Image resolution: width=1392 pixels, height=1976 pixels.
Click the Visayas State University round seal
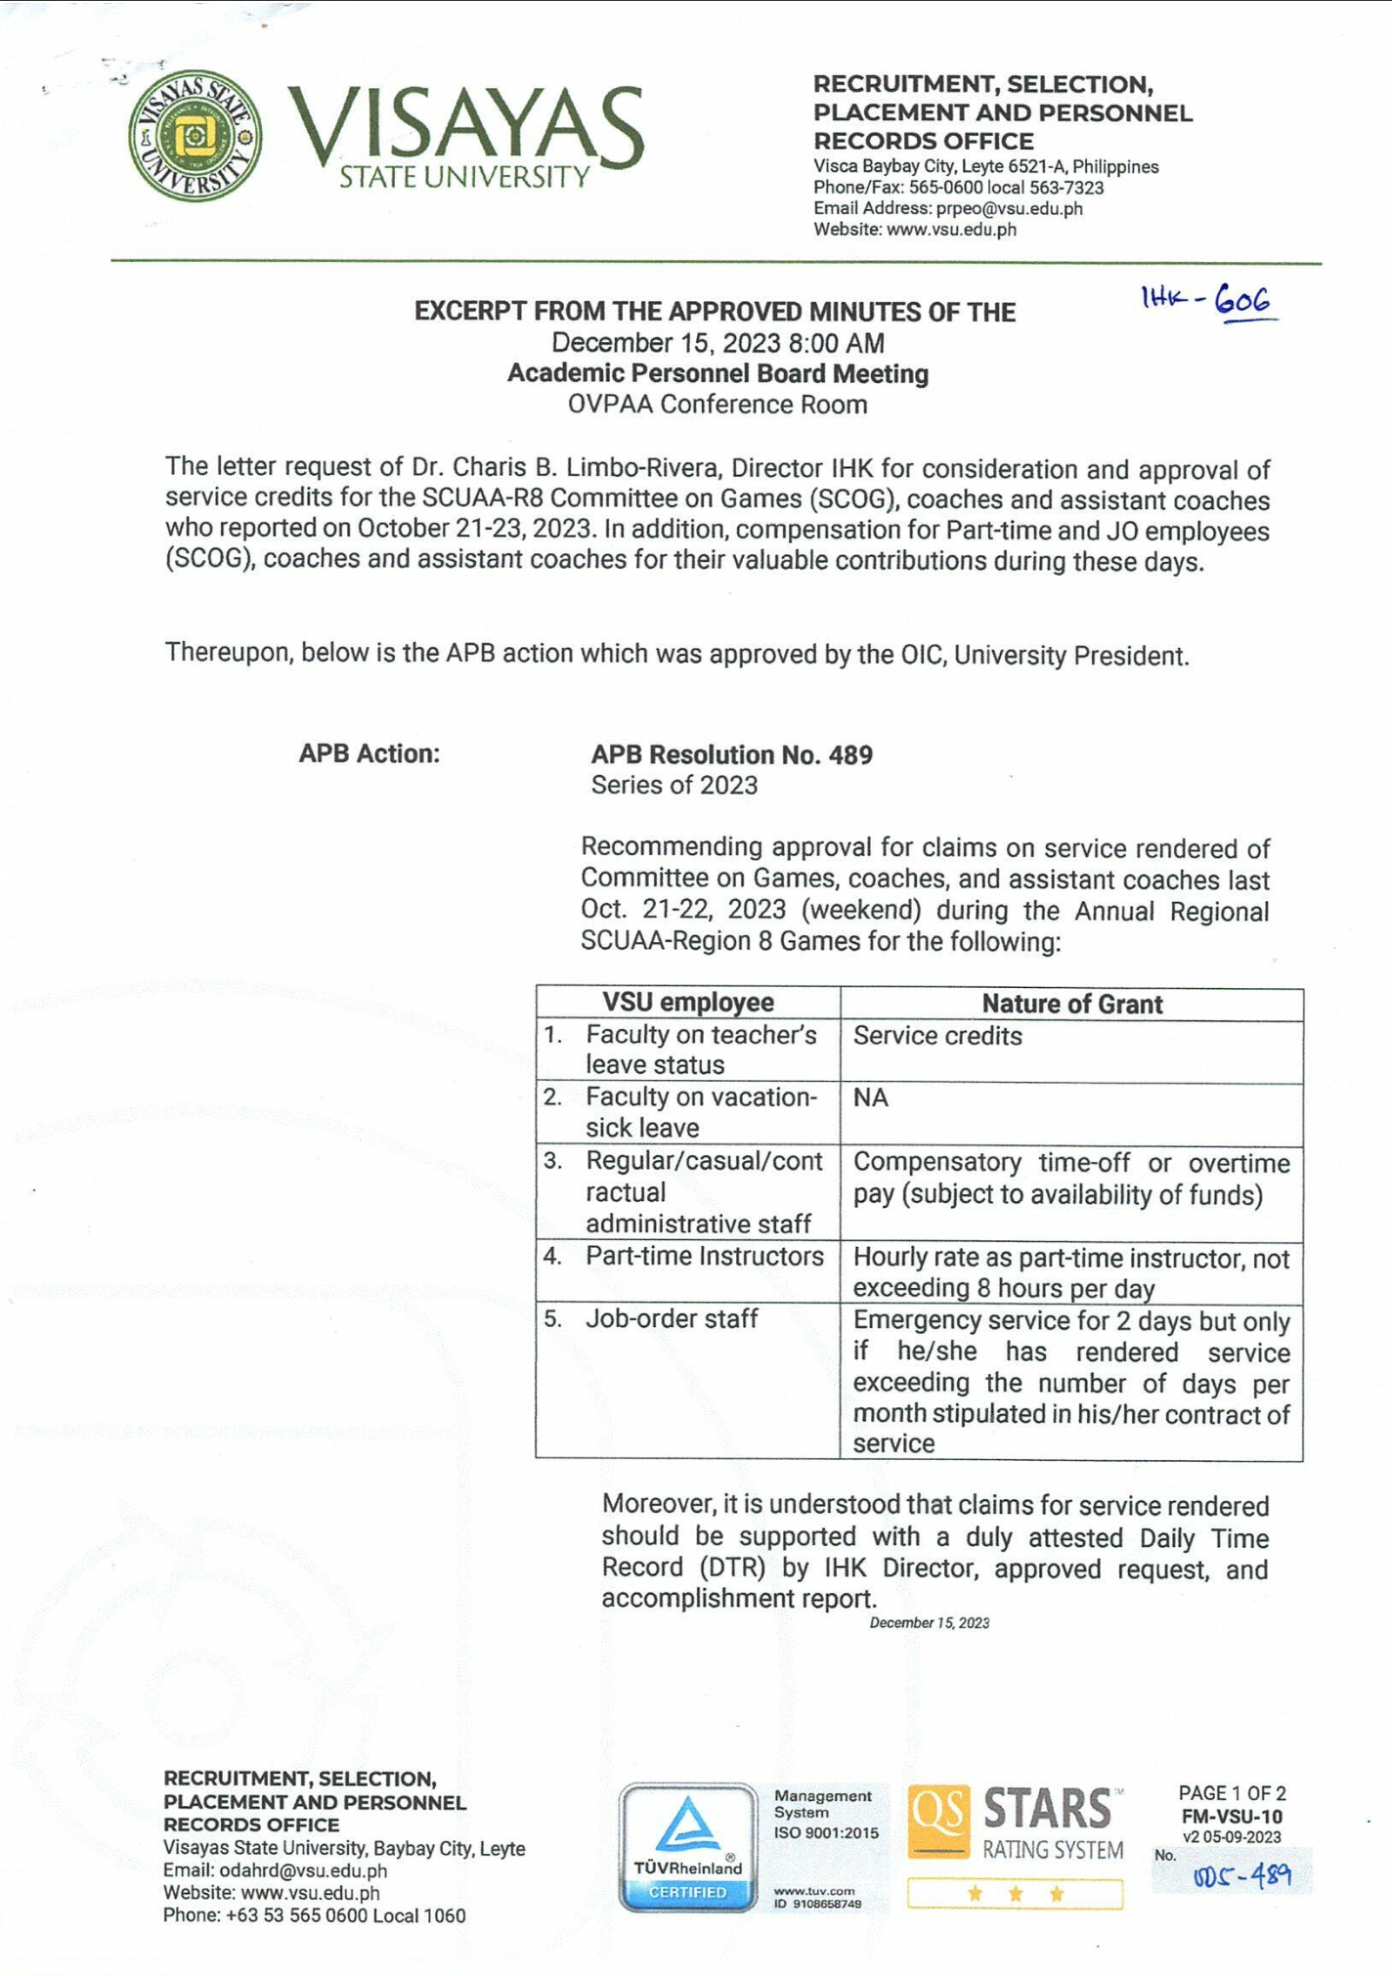pyautogui.click(x=196, y=136)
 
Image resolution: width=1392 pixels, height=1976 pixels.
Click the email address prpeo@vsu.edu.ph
pyautogui.click(x=1009, y=208)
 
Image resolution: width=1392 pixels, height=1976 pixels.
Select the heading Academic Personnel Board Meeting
pyautogui.click(x=718, y=374)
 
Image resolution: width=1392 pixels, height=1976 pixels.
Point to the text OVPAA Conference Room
pyautogui.click(x=718, y=405)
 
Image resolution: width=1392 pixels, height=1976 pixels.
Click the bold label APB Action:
pyautogui.click(x=370, y=753)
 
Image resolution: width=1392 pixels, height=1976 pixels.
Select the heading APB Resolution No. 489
pyautogui.click(x=731, y=754)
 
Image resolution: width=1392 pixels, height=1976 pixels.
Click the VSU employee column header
pyautogui.click(x=687, y=1003)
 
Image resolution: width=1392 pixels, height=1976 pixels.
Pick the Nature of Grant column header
pyautogui.click(x=1071, y=1004)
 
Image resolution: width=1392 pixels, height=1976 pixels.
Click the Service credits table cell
pyautogui.click(x=937, y=1036)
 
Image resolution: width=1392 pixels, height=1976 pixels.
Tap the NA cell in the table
pyautogui.click(x=870, y=1097)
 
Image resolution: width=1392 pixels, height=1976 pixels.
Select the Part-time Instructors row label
pyautogui.click(x=704, y=1256)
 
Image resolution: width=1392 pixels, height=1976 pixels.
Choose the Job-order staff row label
pyautogui.click(x=672, y=1318)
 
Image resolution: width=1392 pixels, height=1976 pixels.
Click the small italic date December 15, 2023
pyautogui.click(x=929, y=1623)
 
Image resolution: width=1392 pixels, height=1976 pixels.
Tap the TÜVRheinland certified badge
pyautogui.click(x=688, y=1847)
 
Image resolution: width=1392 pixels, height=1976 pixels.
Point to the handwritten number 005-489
pyautogui.click(x=1241, y=1875)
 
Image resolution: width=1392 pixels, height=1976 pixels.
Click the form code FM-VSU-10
pyautogui.click(x=1232, y=1817)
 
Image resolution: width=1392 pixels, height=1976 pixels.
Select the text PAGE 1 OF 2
pyautogui.click(x=1232, y=1793)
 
